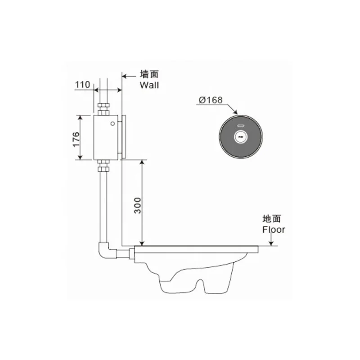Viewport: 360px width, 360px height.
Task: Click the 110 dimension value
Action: (83, 85)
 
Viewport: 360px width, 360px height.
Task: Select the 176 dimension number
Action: (76, 139)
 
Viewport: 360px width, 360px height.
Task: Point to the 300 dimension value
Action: (137, 206)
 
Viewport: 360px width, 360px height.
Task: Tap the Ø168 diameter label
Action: (211, 100)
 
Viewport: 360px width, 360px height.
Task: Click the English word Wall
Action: (149, 85)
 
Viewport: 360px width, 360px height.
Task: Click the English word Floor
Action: (274, 229)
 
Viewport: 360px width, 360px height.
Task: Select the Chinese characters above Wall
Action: (149, 74)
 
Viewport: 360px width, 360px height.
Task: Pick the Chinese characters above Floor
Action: (272, 219)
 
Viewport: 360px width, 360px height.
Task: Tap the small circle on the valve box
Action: (112, 123)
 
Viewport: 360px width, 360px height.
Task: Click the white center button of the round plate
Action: (241, 137)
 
